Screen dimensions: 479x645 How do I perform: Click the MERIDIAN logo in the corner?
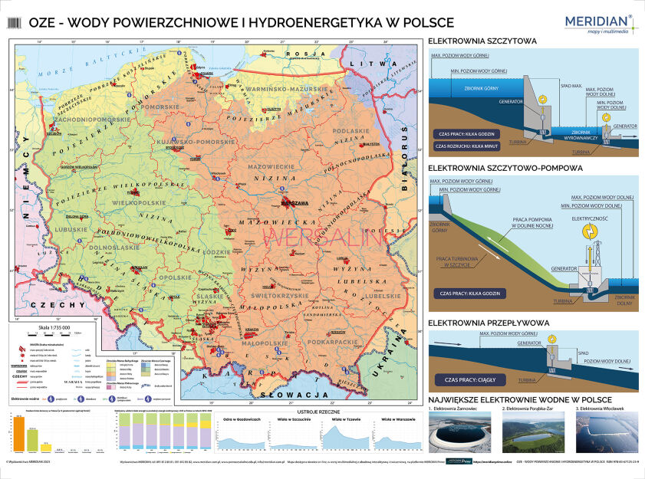(597, 23)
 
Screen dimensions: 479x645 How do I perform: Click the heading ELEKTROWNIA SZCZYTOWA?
(482, 41)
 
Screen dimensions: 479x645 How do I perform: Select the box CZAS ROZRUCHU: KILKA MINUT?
(465, 145)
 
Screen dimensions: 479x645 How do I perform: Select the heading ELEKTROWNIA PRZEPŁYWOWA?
(489, 323)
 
